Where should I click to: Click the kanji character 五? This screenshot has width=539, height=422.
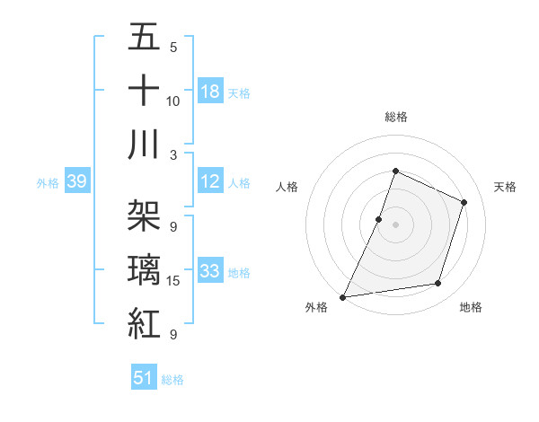pos(144,39)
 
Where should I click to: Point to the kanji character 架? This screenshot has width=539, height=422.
pos(144,216)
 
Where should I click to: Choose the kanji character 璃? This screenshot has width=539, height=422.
pos(144,270)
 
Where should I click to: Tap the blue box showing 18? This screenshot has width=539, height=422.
pos(210,92)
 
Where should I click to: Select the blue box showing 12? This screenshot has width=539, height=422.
pos(210,182)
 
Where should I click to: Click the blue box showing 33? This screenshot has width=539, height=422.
pos(210,272)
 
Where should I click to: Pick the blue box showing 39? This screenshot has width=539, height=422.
pos(76,182)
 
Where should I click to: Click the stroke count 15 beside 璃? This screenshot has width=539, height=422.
pos(173,281)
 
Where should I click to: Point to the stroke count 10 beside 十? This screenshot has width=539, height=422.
pos(173,101)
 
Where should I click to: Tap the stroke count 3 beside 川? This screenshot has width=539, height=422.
pos(173,154)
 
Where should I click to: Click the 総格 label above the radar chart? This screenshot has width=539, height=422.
pos(395,117)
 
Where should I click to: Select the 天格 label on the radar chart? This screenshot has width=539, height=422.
pos(505,187)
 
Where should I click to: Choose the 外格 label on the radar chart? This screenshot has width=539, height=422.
pos(316,307)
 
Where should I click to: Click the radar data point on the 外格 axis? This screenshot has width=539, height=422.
pos(343,296)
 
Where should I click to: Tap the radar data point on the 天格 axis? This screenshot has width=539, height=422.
pos(464,202)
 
